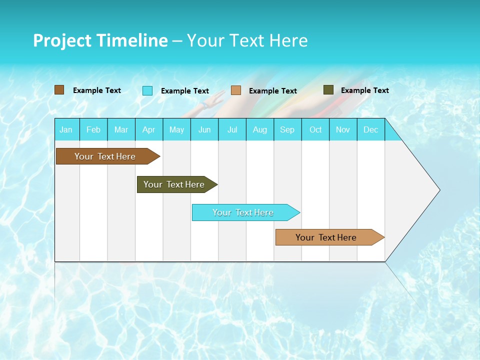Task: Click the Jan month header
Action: coord(66,129)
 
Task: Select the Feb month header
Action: coord(93,129)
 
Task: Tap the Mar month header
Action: coord(121,129)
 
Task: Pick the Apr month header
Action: coord(149,129)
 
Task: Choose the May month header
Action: coord(176,129)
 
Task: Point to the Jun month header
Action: coord(204,129)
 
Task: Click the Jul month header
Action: coord(232,129)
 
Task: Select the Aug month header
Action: coord(260,129)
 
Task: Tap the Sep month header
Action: coord(287,129)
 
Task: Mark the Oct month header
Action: coord(315,129)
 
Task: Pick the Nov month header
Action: coord(343,129)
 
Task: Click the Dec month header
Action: coord(371,129)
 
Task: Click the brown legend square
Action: coord(59,90)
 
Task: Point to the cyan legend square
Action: coord(147,90)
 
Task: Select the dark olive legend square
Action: coord(328,90)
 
